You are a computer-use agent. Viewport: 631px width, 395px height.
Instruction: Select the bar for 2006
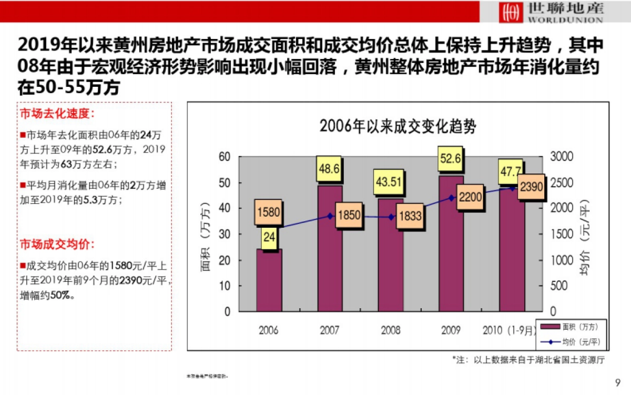tap(269, 279)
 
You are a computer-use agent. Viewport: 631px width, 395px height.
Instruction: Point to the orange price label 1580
tap(269, 214)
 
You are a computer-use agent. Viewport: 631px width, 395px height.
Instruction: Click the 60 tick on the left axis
tap(225, 157)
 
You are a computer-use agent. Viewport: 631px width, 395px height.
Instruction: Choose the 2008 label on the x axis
tap(390, 330)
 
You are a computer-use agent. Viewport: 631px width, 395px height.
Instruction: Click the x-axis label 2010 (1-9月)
tap(510, 330)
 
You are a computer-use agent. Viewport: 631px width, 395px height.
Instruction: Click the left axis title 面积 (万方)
tap(206, 234)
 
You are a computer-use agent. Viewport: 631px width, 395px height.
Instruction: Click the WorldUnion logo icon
tap(508, 12)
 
